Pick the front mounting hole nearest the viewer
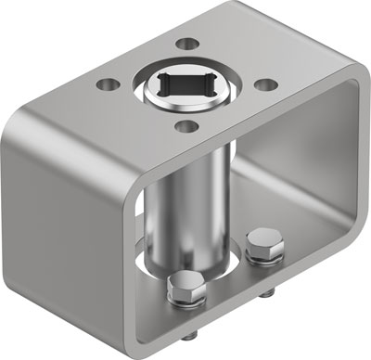click(185, 127)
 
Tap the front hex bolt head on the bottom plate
click(183, 289)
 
